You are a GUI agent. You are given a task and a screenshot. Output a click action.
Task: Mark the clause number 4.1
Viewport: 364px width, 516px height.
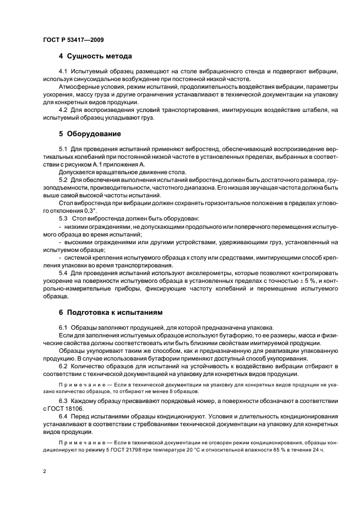(x=63, y=72)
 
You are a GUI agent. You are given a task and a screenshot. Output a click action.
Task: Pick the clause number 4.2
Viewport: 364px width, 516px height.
(x=63, y=110)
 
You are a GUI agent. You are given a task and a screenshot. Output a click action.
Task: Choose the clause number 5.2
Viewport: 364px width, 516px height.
(x=63, y=180)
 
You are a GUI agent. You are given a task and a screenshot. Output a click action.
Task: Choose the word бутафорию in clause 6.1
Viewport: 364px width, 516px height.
(x=208, y=335)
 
